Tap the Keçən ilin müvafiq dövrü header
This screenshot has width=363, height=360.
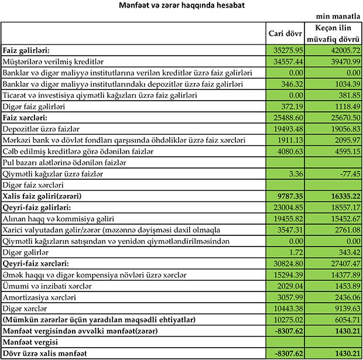tap(336, 33)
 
